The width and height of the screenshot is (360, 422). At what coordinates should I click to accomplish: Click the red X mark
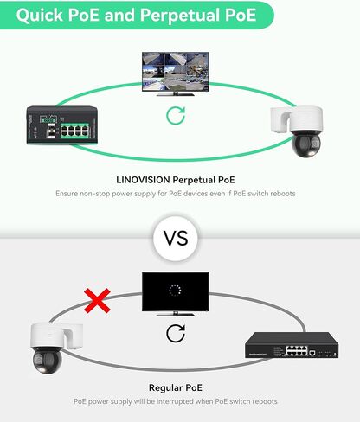tap(97, 301)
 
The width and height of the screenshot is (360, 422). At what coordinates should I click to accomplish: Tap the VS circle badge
tap(176, 239)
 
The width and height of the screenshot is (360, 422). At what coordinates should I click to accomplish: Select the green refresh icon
tap(176, 116)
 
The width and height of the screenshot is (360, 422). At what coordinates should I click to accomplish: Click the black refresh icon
tap(176, 333)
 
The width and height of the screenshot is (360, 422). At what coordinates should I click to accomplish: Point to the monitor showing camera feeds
tap(176, 74)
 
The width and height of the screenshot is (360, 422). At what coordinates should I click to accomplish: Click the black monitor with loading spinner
tap(176, 294)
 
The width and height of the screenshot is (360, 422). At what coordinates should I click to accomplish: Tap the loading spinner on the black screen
tap(175, 291)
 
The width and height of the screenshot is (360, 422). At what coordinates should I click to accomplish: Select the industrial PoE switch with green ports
tap(62, 125)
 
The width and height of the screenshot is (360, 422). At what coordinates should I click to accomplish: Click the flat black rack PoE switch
tap(292, 345)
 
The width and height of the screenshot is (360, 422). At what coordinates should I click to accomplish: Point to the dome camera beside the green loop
tap(297, 131)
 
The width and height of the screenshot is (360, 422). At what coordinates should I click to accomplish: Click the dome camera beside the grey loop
tap(56, 348)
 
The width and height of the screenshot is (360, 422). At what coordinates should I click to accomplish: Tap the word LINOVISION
tap(143, 180)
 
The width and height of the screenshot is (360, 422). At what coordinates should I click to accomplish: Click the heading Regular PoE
tap(176, 387)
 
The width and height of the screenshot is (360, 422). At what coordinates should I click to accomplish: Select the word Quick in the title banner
tap(40, 15)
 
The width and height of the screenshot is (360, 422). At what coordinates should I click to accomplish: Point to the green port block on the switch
tap(74, 131)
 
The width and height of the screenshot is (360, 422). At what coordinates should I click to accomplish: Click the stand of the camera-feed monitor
tap(176, 93)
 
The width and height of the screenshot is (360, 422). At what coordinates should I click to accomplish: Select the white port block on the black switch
tap(297, 351)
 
